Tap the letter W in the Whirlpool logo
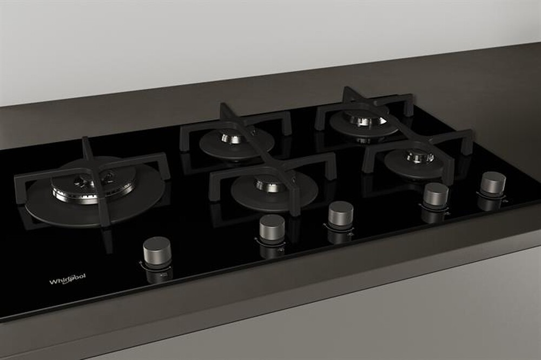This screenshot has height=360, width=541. [52, 282]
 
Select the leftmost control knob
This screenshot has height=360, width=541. [157, 250]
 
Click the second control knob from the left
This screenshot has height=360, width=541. [272, 226]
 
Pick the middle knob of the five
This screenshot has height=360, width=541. [341, 212]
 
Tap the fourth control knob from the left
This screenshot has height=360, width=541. [436, 194]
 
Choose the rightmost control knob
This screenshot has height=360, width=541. [493, 183]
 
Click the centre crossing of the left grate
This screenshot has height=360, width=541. [93, 173]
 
